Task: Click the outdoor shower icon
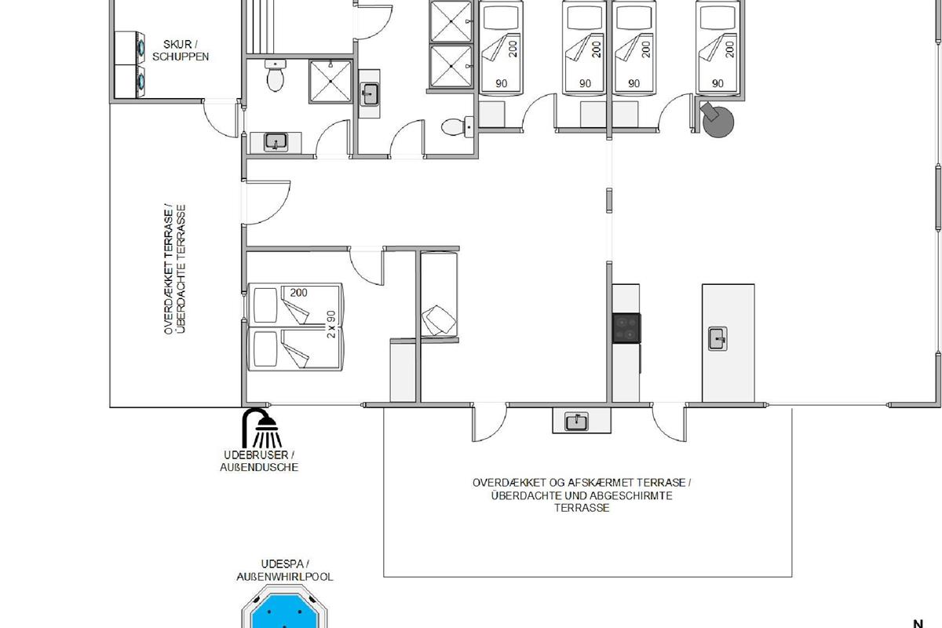click(261, 427)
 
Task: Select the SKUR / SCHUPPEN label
click(180, 50)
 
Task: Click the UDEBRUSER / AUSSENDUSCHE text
click(259, 461)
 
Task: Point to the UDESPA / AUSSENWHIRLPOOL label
click(285, 571)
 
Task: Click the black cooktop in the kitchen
click(626, 328)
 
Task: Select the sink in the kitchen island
click(717, 338)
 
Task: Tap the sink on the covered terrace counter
click(576, 422)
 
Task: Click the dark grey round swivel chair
click(717, 119)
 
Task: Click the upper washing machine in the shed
click(130, 48)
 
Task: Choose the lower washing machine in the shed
click(130, 82)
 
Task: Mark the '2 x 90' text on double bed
click(331, 324)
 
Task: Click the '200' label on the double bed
click(298, 293)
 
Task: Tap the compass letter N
click(918, 623)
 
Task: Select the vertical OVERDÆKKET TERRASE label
click(174, 269)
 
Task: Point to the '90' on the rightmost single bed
click(717, 84)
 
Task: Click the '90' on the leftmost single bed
click(502, 84)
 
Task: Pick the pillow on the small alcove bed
click(439, 320)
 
